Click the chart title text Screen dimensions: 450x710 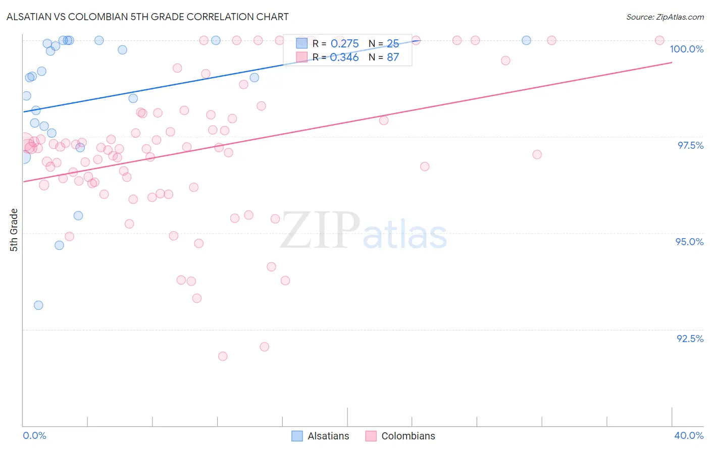click(147, 17)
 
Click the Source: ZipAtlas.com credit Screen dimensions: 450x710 click(665, 17)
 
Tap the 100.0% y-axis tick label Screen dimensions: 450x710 click(686, 49)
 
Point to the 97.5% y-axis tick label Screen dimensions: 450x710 click(690, 145)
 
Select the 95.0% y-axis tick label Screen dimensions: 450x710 click(689, 242)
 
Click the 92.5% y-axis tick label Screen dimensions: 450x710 click(690, 339)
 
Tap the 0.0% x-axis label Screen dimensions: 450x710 click(34, 435)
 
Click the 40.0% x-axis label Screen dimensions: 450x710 click(689, 435)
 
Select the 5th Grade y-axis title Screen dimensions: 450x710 click(14, 230)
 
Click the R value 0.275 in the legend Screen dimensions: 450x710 click(344, 44)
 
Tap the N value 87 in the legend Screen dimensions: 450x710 click(393, 58)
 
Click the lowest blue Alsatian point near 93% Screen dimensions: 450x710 click(38, 305)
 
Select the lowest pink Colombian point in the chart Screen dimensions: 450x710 click(223, 356)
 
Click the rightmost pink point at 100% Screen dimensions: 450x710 click(660, 40)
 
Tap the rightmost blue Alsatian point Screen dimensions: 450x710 click(526, 40)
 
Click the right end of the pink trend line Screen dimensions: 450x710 click(672, 63)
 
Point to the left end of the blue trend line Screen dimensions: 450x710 click(23, 111)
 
